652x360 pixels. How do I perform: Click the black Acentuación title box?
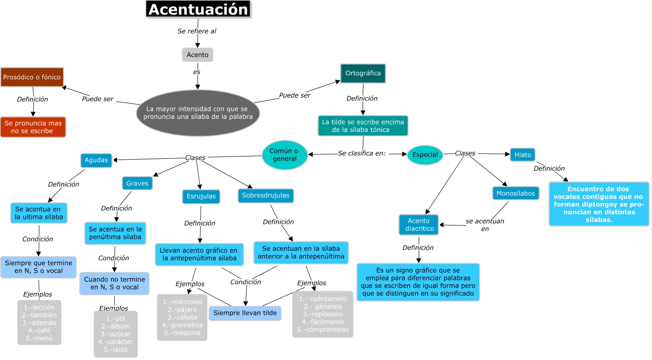tap(198, 9)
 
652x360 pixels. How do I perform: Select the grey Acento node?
tap(198, 55)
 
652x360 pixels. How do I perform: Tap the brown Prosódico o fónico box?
tap(32, 77)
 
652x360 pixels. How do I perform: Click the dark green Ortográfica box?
tap(363, 73)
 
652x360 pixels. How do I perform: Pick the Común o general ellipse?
tap(284, 155)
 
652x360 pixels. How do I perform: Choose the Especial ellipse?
tap(425, 155)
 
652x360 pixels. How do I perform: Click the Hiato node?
tap(522, 155)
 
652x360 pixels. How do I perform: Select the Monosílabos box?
tap(515, 193)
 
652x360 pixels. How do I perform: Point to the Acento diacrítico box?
tap(419, 225)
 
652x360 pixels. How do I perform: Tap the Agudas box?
tap(96, 160)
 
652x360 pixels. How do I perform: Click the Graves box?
tap(137, 183)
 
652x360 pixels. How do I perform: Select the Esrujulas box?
tap(201, 196)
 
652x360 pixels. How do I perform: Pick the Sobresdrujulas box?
tap(266, 195)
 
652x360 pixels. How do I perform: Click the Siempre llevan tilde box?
tap(245, 313)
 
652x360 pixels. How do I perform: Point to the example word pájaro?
tap(182, 309)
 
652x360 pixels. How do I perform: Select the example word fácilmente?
tap(323, 322)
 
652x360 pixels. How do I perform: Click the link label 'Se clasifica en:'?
tap(362, 153)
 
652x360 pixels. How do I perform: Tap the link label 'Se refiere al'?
tap(197, 31)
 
